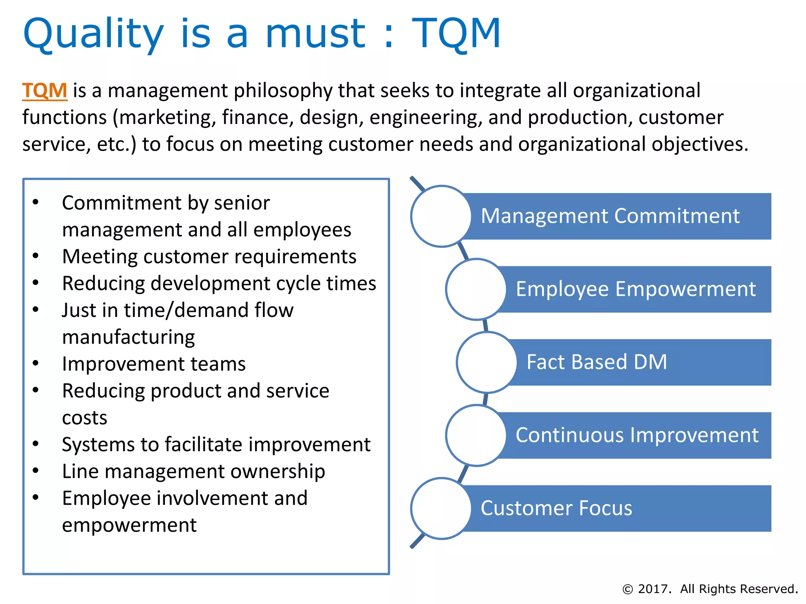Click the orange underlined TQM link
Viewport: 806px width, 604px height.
coord(44,91)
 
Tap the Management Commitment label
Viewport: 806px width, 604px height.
coord(610,216)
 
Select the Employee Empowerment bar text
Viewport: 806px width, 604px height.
coord(636,289)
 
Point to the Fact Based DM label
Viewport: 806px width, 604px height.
coord(597,362)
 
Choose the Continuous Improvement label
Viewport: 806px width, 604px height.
coord(637,435)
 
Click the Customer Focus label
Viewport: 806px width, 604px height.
coord(556,508)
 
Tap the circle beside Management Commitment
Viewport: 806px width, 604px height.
coord(441,216)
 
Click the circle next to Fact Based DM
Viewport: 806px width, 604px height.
coord(487,362)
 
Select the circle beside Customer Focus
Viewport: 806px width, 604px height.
coord(441,508)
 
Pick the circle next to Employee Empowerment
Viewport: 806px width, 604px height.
coord(476,289)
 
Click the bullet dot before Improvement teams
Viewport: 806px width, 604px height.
coord(36,363)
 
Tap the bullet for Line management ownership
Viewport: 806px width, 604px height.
coord(36,471)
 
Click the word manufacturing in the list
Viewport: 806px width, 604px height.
coord(128,337)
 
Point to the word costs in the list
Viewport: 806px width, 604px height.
coord(85,418)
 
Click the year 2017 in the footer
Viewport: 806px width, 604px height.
coord(654,589)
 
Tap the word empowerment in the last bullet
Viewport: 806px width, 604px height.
coord(129,525)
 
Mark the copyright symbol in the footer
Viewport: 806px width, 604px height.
coord(627,589)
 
